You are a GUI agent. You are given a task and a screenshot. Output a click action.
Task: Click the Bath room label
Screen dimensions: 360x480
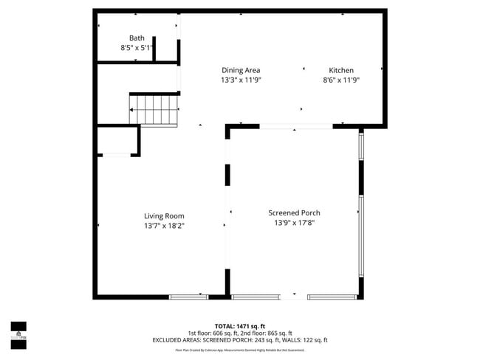tap(137, 38)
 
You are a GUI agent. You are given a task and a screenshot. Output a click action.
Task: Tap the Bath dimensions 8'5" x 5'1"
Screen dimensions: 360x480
tap(137, 48)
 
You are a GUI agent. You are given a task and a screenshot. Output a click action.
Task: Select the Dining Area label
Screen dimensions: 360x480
tap(241, 70)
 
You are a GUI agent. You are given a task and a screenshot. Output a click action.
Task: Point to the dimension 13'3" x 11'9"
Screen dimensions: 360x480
tap(241, 80)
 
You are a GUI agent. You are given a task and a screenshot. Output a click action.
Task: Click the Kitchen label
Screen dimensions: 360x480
tap(340, 70)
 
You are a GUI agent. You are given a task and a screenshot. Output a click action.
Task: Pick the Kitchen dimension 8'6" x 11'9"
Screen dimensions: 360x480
tap(340, 80)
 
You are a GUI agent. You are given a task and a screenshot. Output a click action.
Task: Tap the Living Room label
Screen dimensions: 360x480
tap(164, 216)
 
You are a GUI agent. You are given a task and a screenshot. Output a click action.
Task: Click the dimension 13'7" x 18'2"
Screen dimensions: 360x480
tap(164, 226)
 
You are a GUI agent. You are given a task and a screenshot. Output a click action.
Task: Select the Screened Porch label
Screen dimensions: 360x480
tap(294, 212)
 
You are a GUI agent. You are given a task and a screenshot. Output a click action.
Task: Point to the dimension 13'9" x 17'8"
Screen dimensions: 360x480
tap(294, 222)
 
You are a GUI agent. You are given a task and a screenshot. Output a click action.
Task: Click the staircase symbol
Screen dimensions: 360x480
tap(154, 109)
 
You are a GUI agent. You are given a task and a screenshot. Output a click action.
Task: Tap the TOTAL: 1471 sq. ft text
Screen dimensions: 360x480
tap(240, 325)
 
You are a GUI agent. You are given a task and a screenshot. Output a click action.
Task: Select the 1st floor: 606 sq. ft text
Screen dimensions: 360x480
tap(211, 333)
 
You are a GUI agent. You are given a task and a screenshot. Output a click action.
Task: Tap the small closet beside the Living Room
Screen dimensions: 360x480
tap(117, 140)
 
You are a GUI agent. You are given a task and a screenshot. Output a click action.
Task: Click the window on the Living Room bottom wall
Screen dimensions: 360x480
tap(188, 297)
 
